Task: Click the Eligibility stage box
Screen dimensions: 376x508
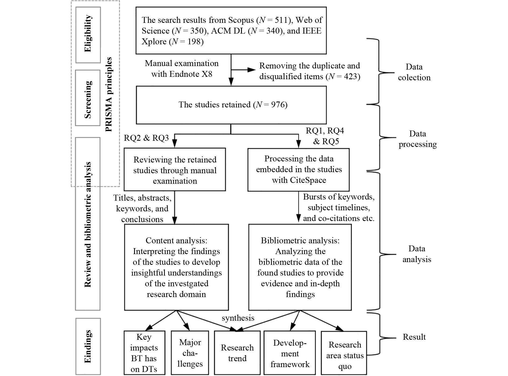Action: click(x=88, y=35)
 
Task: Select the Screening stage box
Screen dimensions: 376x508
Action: click(x=88, y=98)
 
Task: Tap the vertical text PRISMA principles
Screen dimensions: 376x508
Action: click(x=109, y=94)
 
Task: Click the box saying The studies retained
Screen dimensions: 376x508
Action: click(x=231, y=105)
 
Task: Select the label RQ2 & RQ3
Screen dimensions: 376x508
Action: click(x=146, y=138)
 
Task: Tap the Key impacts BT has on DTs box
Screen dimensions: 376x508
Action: click(x=144, y=353)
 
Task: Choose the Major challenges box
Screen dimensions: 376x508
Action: click(x=190, y=353)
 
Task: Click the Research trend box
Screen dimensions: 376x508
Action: click(x=237, y=353)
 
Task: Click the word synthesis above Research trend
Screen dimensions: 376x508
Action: click(x=238, y=318)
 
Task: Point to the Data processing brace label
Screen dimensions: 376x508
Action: click(x=417, y=139)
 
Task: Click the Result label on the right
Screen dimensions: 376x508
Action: click(x=414, y=337)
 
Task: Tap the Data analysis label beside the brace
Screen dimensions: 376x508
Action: click(x=417, y=254)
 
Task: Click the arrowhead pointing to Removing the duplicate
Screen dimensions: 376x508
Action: click(x=252, y=70)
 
